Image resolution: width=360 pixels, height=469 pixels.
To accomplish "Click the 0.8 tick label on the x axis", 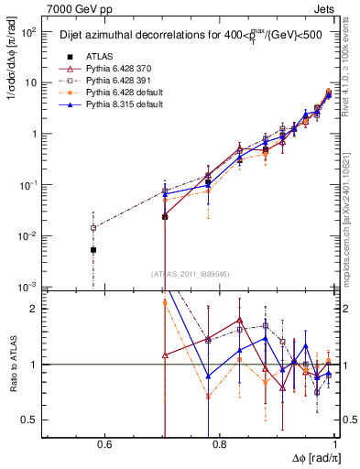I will point(220,447).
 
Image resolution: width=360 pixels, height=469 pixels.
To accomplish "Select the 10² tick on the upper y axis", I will point(29,31).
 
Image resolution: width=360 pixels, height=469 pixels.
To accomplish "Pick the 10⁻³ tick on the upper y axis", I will point(29,287).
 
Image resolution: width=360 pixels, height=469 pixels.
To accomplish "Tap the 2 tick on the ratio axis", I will point(35,309).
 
